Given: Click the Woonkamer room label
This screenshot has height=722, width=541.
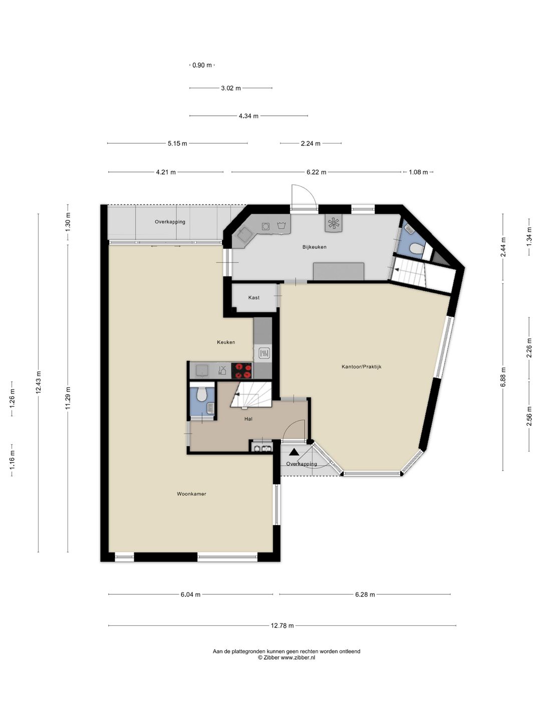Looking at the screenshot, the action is [191, 494].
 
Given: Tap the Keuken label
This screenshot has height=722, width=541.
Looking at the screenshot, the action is [226, 342].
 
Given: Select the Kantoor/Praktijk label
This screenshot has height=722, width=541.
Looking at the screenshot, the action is [361, 367].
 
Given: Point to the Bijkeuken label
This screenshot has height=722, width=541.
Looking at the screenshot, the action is [315, 247].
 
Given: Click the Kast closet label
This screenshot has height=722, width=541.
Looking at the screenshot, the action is [254, 297].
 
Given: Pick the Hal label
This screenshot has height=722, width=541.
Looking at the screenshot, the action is [248, 419].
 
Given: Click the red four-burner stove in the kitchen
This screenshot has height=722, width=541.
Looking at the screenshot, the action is [242, 371].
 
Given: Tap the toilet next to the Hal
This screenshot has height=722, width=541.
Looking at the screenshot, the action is [201, 394].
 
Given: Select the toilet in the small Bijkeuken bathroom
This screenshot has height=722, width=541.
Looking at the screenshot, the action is [416, 248].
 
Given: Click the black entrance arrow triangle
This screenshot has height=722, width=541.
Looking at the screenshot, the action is [294, 452].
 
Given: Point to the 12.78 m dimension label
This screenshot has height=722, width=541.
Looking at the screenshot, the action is [282, 625].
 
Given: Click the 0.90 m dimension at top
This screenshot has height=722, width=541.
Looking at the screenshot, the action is [202, 65].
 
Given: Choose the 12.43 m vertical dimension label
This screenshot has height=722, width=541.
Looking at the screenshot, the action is [39, 382].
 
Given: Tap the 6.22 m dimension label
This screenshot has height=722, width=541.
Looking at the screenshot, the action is [316, 172].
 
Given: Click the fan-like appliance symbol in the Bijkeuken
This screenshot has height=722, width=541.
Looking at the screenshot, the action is [334, 224].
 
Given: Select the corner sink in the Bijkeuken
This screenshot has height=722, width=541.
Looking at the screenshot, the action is [243, 235].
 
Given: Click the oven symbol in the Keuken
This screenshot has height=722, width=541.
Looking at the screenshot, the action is [264, 353].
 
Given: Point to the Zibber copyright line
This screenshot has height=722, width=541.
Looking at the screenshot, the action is [286, 657].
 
